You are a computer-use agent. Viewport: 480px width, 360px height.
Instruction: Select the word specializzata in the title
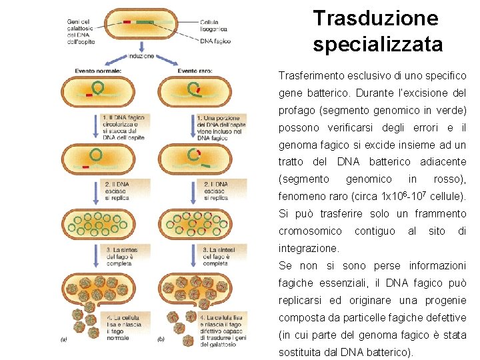377,45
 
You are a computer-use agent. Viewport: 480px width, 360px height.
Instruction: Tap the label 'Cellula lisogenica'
214,25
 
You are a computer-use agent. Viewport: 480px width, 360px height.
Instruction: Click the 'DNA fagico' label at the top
215,41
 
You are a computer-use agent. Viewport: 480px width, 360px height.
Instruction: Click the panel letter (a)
63,339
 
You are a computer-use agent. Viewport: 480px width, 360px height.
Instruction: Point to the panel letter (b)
160,339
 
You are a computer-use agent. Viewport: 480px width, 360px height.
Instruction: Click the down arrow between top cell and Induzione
142,46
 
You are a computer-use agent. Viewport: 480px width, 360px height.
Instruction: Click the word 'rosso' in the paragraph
447,179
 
